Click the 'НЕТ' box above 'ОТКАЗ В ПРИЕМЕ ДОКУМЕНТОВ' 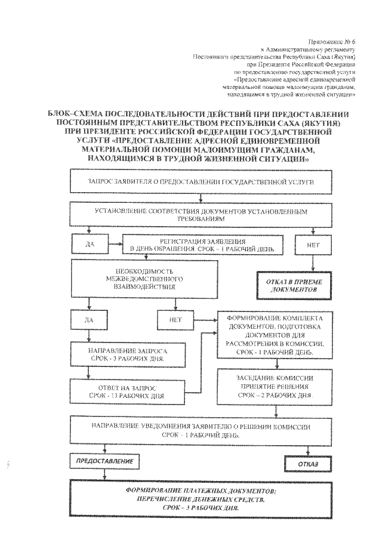[310, 244]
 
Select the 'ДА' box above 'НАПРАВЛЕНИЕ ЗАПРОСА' [90, 320]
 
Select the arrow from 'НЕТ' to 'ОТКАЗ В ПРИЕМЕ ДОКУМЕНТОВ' [310, 262]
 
